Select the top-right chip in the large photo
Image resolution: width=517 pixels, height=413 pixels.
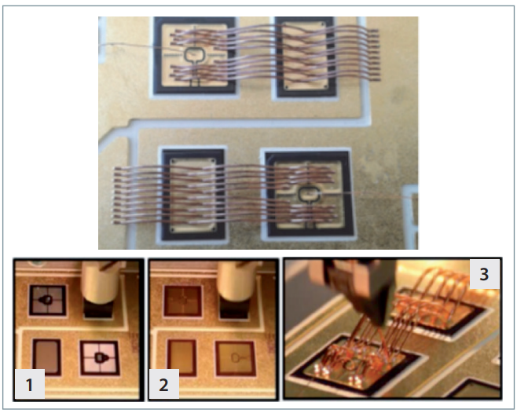[x=306, y=57]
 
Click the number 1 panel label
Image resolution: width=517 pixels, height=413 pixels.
[x=29, y=384]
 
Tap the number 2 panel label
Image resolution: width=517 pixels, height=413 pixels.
[x=164, y=384]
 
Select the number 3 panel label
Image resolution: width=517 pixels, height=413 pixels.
[x=484, y=274]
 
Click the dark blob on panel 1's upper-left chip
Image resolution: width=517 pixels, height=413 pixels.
[x=46, y=300]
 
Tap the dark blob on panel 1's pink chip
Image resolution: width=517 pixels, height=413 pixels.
[x=100, y=357]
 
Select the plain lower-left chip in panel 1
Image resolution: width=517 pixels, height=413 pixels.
[x=47, y=356]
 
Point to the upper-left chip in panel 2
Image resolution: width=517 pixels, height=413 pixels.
[x=183, y=301]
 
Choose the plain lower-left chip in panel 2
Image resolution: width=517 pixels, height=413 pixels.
[x=182, y=357]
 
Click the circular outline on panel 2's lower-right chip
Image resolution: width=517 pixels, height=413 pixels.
[x=236, y=357]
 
